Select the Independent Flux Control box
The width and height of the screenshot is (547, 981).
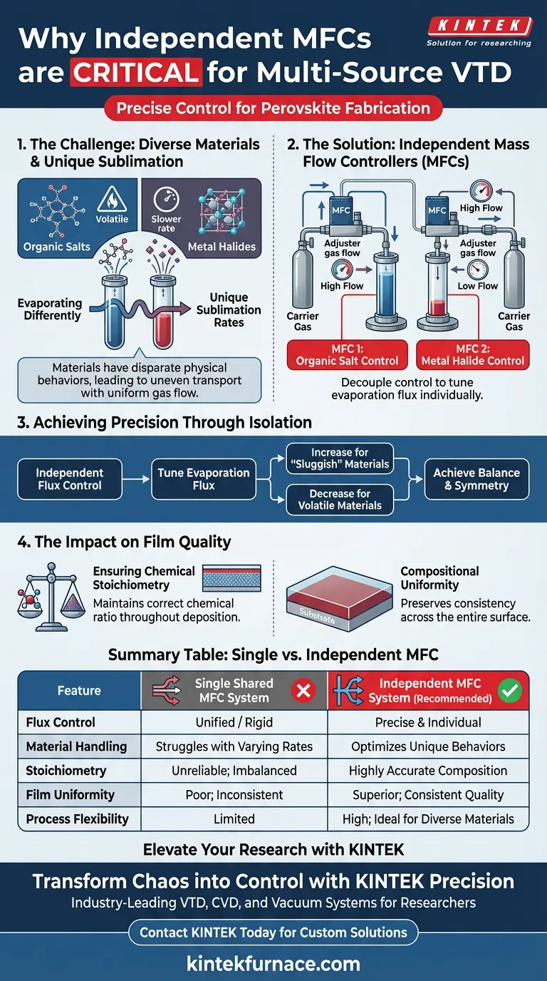[70, 479]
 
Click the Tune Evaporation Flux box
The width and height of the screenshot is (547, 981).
[203, 479]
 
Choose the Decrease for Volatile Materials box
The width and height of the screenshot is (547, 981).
[339, 499]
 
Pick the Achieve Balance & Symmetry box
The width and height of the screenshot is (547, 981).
[476, 479]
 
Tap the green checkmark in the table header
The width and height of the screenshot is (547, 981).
[510, 689]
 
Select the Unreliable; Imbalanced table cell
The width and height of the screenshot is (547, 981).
[234, 771]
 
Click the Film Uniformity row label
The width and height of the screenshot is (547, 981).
[70, 795]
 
